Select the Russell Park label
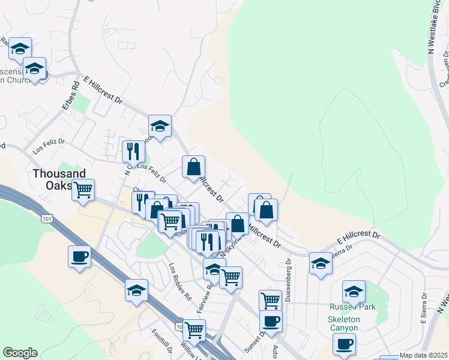click(352, 307)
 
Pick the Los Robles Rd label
click(179, 281)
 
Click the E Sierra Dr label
click(423, 305)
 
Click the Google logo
click(20, 353)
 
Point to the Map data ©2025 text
click(423, 355)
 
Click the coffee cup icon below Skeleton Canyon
click(344, 344)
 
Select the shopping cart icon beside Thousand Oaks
click(83, 190)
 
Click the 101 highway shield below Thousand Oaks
click(47, 219)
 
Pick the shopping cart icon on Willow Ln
click(194, 329)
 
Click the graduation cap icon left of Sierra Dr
click(321, 263)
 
